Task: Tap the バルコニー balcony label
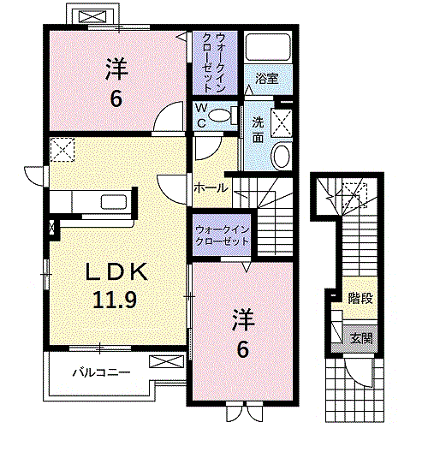click(100, 373)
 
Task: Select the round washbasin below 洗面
click(281, 156)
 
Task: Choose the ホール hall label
click(210, 187)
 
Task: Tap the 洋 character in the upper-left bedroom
click(116, 67)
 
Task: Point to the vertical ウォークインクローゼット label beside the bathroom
click(215, 62)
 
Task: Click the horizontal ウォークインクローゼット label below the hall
click(222, 235)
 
